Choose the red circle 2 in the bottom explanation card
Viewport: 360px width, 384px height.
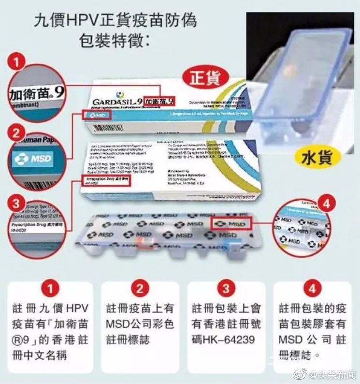140,289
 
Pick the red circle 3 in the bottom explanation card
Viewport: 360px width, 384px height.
226,289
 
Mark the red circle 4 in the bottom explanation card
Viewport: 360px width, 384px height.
312,289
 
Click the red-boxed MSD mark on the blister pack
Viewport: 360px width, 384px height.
231,223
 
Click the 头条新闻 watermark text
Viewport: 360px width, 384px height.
337,374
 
